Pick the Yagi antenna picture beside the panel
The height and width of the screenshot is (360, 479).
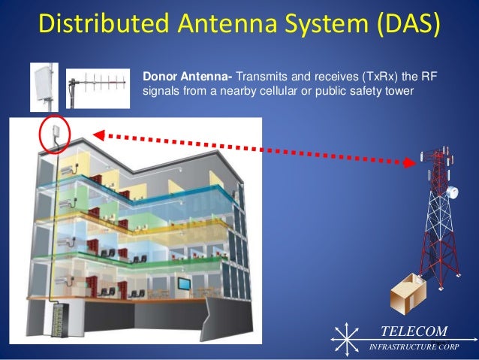click(96, 82)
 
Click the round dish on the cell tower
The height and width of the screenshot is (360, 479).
click(451, 192)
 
